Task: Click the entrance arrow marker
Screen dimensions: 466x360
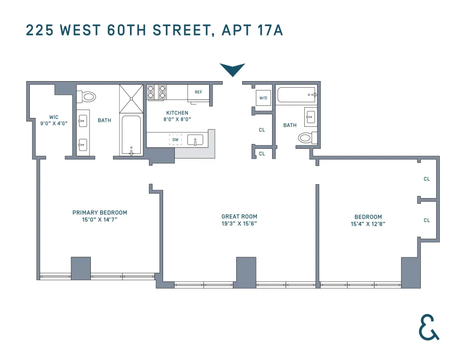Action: (233, 69)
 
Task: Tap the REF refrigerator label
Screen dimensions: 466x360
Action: (199, 92)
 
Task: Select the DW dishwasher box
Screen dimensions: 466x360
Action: (175, 139)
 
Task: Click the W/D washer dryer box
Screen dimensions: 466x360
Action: (263, 98)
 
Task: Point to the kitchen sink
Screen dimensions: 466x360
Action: (195, 139)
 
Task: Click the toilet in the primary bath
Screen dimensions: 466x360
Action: (86, 97)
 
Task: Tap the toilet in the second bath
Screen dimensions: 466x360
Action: (308, 138)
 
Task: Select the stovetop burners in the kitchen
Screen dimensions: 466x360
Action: (156, 92)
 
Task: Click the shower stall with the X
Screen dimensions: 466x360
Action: (131, 99)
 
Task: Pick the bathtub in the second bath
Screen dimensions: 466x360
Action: (296, 95)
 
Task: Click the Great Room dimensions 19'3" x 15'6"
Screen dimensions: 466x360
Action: (239, 224)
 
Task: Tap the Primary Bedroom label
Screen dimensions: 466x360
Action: (100, 213)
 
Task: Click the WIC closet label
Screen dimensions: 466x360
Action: (54, 117)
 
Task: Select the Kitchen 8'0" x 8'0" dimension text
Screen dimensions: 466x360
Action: (177, 119)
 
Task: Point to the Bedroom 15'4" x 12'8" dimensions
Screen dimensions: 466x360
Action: (368, 224)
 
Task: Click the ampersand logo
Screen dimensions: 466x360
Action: (428, 327)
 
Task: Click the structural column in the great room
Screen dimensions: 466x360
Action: (246, 272)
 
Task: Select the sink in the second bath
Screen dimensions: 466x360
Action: (310, 117)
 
